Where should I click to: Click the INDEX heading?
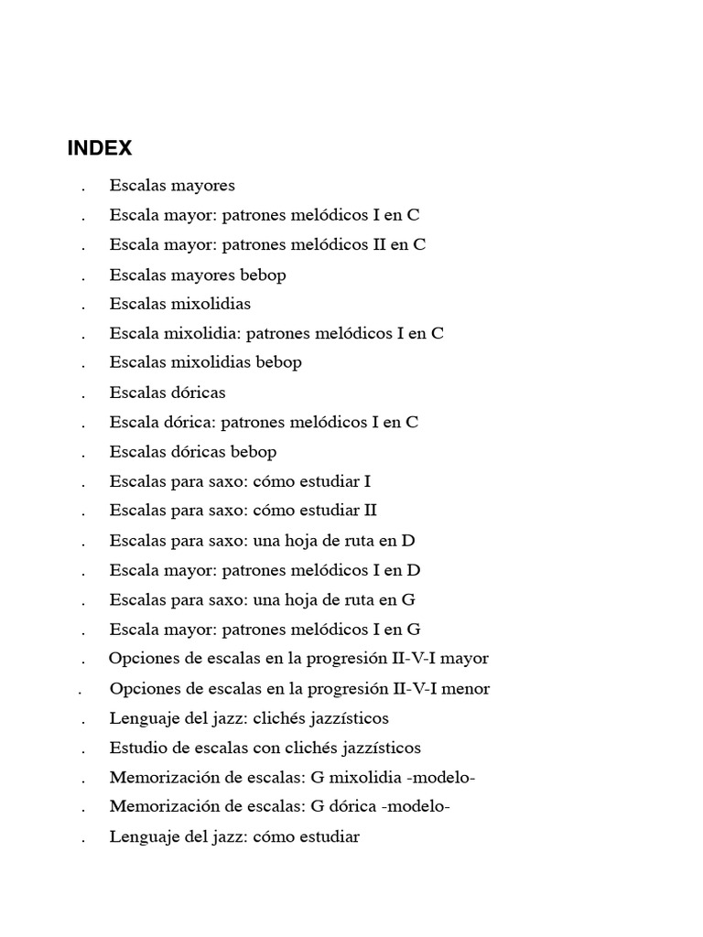pos(100,148)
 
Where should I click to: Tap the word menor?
pos(466,688)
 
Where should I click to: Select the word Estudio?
pos(137,748)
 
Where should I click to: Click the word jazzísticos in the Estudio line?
pos(379,748)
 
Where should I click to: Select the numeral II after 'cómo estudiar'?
pos(369,511)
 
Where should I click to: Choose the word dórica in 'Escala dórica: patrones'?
pos(188,422)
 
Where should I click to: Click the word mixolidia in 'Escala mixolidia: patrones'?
pos(200,333)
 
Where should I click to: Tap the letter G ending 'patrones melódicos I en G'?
pos(414,630)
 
